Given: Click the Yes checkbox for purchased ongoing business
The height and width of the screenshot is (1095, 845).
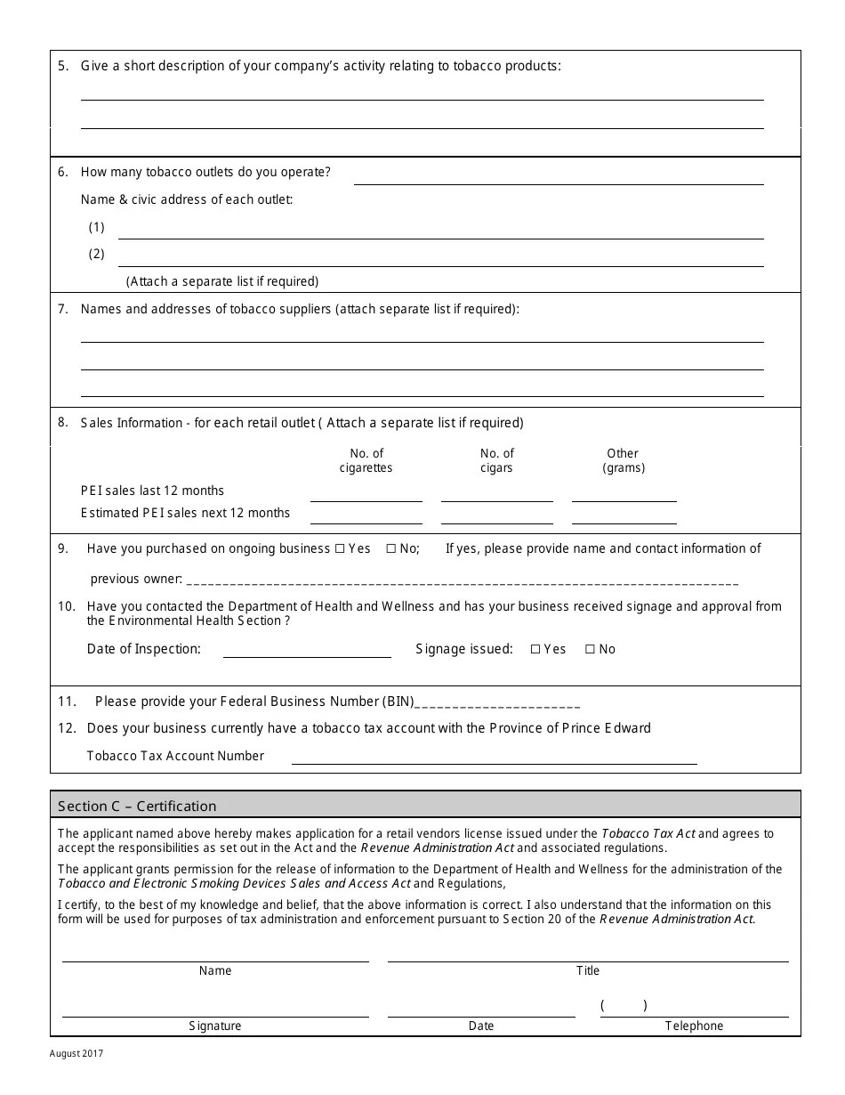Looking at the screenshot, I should [339, 549].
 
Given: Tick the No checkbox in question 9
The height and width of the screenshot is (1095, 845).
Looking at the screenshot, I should [390, 549].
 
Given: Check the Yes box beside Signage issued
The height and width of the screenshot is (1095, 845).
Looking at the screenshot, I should [535, 650].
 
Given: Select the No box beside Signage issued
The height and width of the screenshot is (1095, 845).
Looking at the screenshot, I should [590, 650].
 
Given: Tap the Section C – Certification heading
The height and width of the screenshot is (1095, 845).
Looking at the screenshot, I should [137, 807].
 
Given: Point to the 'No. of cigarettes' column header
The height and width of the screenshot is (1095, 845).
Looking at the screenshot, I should [366, 460].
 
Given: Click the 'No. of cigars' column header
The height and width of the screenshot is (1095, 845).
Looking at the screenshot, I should [496, 460].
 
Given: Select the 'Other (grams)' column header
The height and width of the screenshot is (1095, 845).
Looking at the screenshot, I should [623, 460].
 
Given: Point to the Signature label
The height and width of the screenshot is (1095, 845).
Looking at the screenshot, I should [214, 1026].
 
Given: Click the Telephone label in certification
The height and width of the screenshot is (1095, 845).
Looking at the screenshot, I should [694, 1026].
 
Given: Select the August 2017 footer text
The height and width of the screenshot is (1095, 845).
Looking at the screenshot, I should [76, 1054].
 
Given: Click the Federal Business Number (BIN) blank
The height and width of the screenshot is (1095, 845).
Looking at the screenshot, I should [497, 702].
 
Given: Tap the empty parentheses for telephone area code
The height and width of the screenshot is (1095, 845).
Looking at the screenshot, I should [623, 1006].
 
